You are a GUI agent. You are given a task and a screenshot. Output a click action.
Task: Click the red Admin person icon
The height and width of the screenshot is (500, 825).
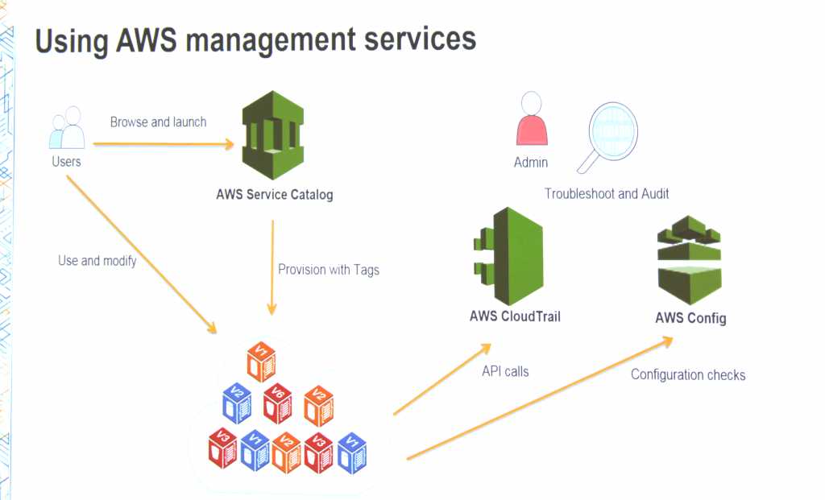(530, 120)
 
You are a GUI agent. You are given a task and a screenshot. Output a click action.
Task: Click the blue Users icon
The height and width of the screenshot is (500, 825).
(68, 129)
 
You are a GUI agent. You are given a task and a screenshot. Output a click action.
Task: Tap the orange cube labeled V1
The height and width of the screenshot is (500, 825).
(260, 361)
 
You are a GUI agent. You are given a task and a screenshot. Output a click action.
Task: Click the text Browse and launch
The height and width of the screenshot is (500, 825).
(158, 122)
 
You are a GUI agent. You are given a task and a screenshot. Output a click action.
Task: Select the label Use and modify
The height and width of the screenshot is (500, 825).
(97, 261)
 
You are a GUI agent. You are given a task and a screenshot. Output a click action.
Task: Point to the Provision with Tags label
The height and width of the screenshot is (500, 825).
(328, 270)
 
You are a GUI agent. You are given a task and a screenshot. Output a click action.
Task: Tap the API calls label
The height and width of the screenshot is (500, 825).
(505, 371)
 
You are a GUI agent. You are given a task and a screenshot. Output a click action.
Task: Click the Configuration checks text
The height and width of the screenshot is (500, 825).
(688, 374)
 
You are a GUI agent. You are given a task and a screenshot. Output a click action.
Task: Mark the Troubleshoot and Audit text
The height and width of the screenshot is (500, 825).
(607, 194)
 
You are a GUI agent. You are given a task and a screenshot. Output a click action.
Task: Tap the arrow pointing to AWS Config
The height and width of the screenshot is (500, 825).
(540, 399)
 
